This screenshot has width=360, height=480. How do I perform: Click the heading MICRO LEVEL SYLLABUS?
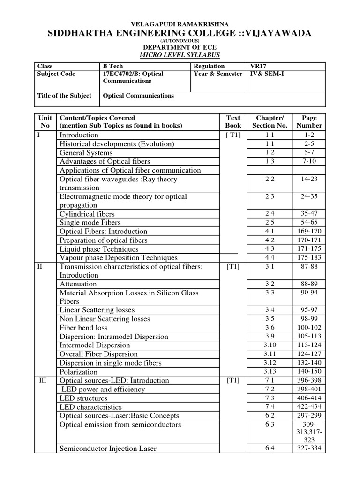[x=180, y=55]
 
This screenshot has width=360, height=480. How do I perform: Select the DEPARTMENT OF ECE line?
[x=180, y=47]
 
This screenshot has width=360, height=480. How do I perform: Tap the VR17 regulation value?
[x=259, y=66]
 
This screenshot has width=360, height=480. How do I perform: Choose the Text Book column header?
[x=233, y=121]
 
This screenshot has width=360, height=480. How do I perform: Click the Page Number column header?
[x=309, y=121]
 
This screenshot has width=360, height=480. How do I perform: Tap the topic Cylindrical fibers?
[x=87, y=214]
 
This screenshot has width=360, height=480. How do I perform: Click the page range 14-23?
[x=309, y=179]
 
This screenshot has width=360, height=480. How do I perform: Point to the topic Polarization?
[x=78, y=372]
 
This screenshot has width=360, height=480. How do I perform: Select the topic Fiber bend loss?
[x=83, y=328]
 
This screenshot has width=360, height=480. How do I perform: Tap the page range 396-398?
[x=309, y=380]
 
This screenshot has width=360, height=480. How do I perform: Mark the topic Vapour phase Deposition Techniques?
[x=119, y=258]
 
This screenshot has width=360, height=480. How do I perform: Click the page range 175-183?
[x=309, y=258]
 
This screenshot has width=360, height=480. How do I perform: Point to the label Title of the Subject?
[x=64, y=96]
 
